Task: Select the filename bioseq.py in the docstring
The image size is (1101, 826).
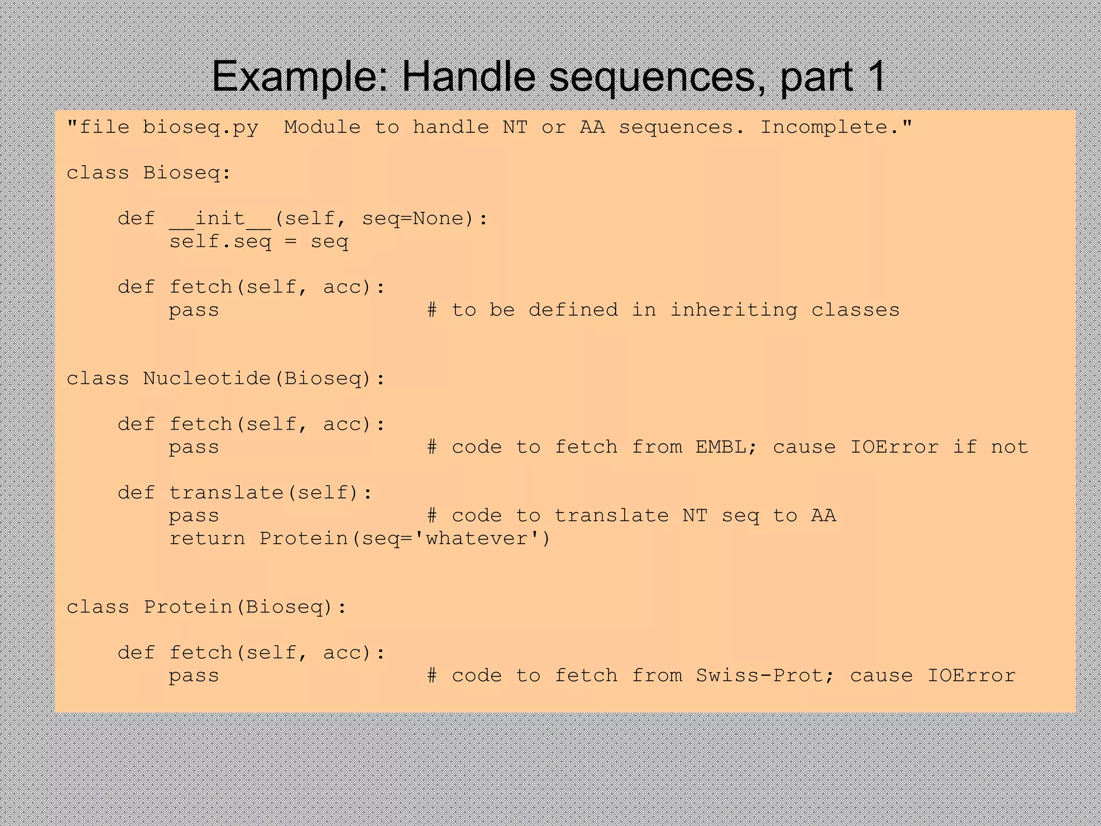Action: (201, 127)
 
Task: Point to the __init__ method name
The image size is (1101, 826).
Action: (220, 218)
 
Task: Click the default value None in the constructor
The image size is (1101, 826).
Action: (438, 218)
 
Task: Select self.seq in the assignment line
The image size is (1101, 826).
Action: (220, 241)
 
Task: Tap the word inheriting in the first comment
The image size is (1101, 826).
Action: (733, 310)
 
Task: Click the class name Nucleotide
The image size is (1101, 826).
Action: (207, 379)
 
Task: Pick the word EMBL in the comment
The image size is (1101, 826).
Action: (720, 447)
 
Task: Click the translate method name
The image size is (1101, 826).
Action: (226, 493)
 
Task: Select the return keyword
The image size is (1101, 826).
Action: (207, 538)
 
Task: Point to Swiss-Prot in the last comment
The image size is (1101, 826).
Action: (759, 675)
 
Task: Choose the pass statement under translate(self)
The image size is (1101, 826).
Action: (194, 516)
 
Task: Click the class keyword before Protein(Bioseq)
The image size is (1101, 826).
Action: (98, 607)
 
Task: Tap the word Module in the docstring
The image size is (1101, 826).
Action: (322, 127)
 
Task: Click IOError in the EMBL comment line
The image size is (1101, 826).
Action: (894, 447)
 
